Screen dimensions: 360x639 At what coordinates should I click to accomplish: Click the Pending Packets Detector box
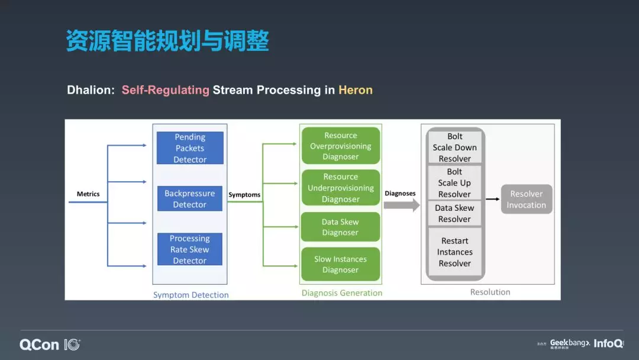(190, 148)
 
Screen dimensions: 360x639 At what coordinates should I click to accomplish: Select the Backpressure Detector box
(190, 199)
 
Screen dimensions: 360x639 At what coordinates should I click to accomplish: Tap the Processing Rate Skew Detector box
(190, 249)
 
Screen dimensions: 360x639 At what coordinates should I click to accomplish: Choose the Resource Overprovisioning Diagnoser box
(341, 146)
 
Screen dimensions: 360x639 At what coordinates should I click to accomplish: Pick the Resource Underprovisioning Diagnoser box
(341, 188)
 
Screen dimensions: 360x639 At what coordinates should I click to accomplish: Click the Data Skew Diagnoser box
(341, 227)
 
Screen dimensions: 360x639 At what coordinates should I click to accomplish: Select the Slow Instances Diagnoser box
(341, 264)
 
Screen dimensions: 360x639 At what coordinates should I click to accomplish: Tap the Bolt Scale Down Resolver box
(454, 147)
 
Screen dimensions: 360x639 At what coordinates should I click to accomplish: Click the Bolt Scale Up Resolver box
(454, 183)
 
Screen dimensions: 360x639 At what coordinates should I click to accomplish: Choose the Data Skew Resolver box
(454, 213)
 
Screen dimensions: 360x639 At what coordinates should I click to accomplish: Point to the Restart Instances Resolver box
(454, 252)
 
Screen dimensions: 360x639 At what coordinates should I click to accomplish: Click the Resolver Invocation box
(526, 199)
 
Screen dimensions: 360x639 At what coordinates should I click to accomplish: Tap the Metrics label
(88, 194)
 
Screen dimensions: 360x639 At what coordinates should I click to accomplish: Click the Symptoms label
(244, 195)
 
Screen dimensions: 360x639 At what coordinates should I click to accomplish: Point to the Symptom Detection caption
(191, 294)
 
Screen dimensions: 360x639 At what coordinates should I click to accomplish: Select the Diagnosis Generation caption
(342, 292)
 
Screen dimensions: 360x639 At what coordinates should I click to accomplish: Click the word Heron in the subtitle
(356, 90)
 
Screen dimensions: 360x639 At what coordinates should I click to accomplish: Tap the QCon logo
(39, 345)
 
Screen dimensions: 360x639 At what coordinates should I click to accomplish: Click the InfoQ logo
(608, 343)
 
